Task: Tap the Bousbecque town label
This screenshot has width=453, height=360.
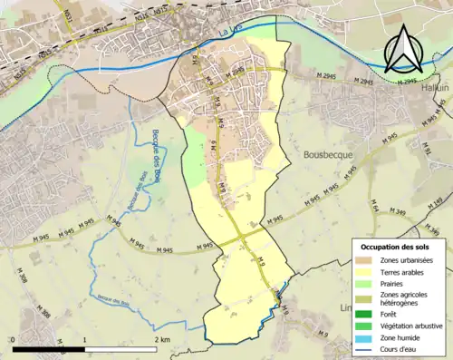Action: click(329, 156)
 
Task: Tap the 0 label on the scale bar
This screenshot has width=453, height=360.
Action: click(14, 340)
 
